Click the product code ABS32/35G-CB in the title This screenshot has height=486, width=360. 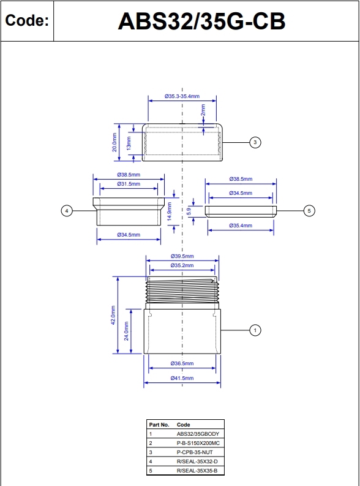[x=201, y=21]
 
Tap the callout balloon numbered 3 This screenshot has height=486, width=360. [x=255, y=142]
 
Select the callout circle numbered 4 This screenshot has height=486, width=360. [x=67, y=211]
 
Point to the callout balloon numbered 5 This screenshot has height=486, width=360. [x=309, y=211]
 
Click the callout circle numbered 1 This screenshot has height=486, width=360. [x=255, y=330]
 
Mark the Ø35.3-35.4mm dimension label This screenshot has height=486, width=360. [x=182, y=96]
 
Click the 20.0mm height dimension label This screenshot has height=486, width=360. [x=114, y=142]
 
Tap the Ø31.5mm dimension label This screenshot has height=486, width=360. [x=129, y=184]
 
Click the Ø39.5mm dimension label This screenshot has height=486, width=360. [x=182, y=256]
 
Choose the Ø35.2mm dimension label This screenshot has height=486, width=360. [x=182, y=265]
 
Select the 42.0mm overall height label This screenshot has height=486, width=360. [x=112, y=315]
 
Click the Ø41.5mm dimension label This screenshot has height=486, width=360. [x=182, y=379]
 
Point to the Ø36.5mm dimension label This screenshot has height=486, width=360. [x=182, y=363]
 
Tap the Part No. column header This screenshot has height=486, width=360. [x=159, y=424]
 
